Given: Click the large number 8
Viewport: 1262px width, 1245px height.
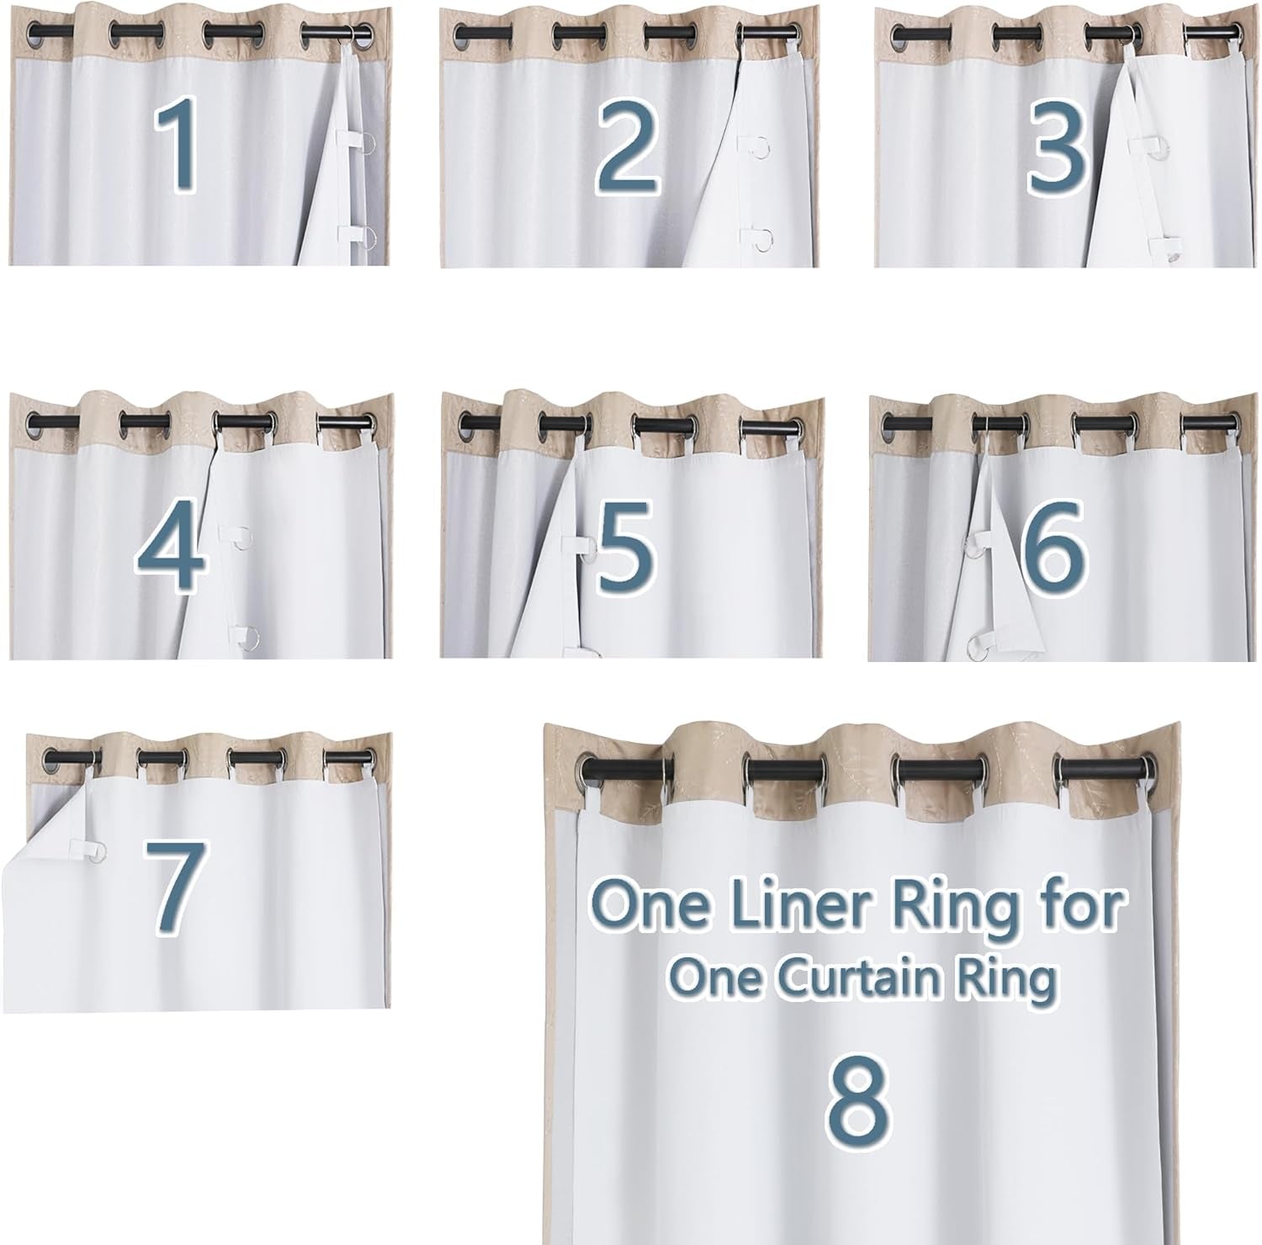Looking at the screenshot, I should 856,1098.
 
